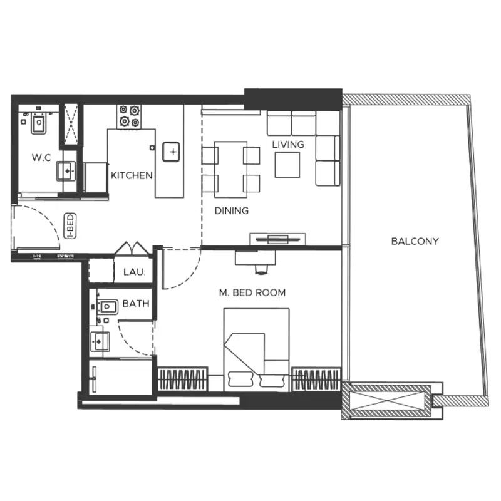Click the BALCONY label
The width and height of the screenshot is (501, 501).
point(415,241)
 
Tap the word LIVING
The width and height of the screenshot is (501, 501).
point(288,145)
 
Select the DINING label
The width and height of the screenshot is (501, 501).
point(232,210)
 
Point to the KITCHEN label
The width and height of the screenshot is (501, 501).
point(132,175)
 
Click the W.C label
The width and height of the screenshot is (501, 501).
point(41,158)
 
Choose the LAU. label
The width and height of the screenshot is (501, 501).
point(135,272)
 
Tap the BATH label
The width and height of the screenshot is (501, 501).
point(136,304)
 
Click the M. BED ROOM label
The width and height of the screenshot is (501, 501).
point(252,292)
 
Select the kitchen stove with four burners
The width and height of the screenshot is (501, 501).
point(129,117)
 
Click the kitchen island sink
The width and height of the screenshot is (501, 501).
point(171,152)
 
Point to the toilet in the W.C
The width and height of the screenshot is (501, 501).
point(39,123)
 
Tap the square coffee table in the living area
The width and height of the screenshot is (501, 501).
point(287,165)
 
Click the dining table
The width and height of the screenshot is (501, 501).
point(230,169)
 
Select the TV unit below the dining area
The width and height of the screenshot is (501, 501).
point(277,239)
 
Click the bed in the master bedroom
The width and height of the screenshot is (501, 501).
point(257,350)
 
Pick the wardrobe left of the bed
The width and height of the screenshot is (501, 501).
point(183,380)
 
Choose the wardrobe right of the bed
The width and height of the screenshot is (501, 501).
point(316,380)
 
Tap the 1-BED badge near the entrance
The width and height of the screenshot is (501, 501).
point(70,226)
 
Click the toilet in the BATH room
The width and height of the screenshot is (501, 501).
point(106,307)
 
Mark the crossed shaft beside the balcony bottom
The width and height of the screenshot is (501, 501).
point(390,401)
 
